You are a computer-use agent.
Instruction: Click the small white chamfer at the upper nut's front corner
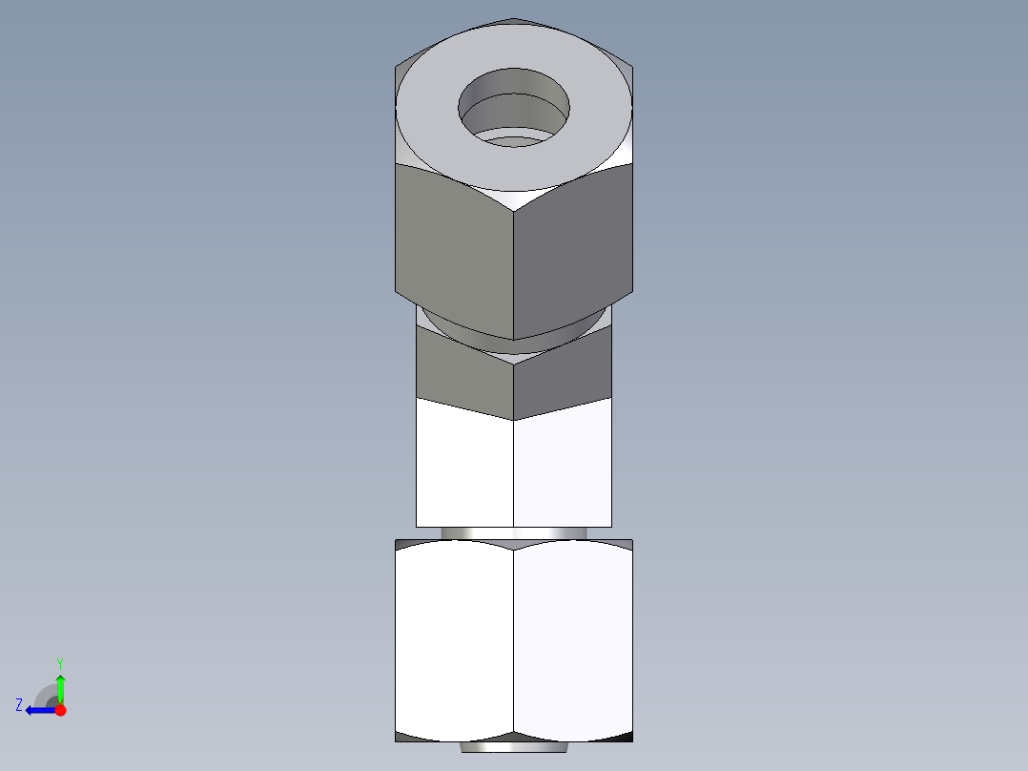514,199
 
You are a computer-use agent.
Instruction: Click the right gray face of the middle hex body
563,377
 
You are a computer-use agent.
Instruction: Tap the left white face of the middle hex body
464,463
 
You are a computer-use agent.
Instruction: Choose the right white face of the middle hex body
563,463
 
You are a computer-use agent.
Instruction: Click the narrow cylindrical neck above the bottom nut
514,532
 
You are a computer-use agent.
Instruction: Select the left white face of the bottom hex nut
454,639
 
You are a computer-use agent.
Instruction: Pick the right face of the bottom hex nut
572,639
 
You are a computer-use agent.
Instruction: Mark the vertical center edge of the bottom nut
514,639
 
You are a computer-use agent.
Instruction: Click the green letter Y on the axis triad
59,662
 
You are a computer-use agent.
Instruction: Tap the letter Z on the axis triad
19,705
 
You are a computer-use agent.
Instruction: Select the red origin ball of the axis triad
60,710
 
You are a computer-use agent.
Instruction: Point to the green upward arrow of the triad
60,687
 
